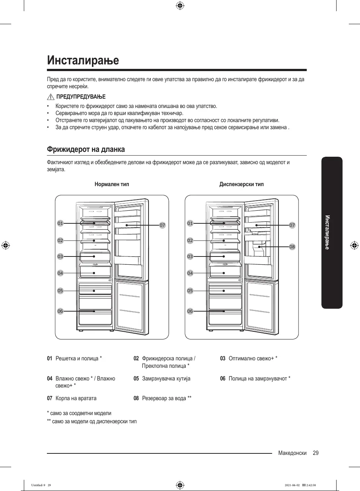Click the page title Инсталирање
coord(83,60)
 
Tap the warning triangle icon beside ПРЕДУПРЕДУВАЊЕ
coord(51,97)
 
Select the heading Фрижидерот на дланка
coord(86,149)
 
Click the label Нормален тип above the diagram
coord(112,184)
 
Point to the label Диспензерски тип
coord(241,184)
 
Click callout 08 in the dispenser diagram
coord(292,247)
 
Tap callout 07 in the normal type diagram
coord(162,225)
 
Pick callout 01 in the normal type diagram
coord(60,223)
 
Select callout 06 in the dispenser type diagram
coord(190,311)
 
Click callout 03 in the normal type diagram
coord(60,256)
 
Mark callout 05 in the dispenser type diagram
coord(190,291)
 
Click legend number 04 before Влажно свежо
coord(50,379)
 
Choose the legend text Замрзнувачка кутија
coord(166,379)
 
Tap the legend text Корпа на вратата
coord(76,398)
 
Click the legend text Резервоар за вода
coord(166,398)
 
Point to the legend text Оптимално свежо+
coord(253,358)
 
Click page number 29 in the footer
coord(316,453)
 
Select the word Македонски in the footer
coord(292,453)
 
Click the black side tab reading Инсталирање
coord(332,233)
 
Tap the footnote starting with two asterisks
coord(92,421)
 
